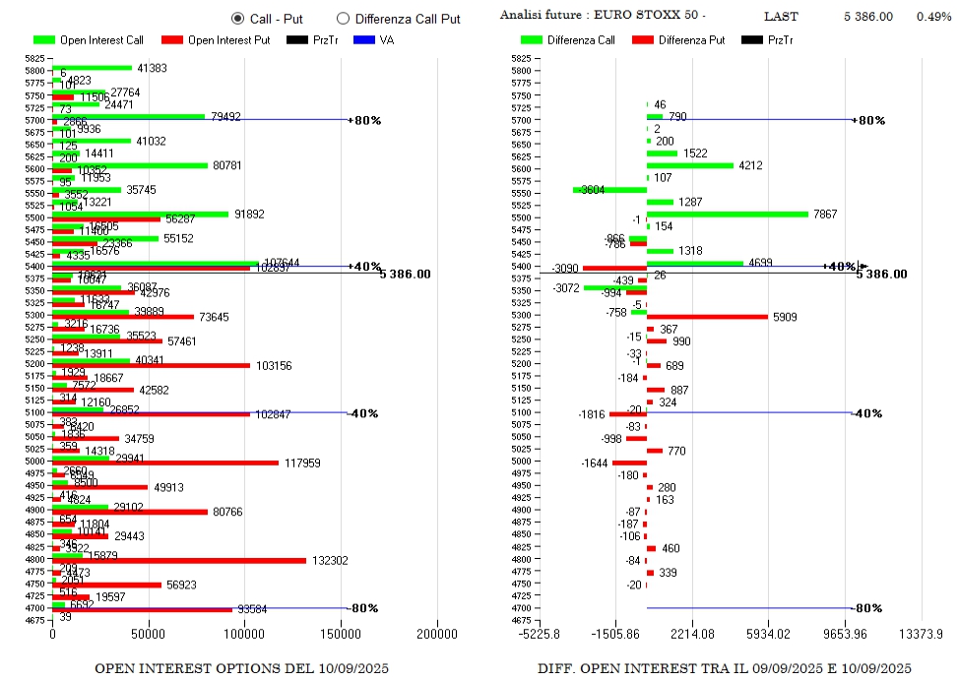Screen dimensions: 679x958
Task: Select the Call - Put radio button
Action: (x=237, y=19)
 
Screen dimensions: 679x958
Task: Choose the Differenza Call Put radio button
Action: (x=343, y=19)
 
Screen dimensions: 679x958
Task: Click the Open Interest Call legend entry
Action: (x=89, y=40)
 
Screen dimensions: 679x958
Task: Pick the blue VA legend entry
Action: (x=373, y=40)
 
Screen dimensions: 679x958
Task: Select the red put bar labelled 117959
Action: (x=165, y=463)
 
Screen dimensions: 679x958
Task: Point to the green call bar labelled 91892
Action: (x=140, y=214)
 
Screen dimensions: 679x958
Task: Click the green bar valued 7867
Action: (x=727, y=214)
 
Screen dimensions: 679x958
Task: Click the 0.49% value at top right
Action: (x=933, y=17)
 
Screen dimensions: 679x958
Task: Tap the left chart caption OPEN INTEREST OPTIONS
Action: (x=241, y=669)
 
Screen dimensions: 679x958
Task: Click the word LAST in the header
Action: (x=782, y=17)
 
